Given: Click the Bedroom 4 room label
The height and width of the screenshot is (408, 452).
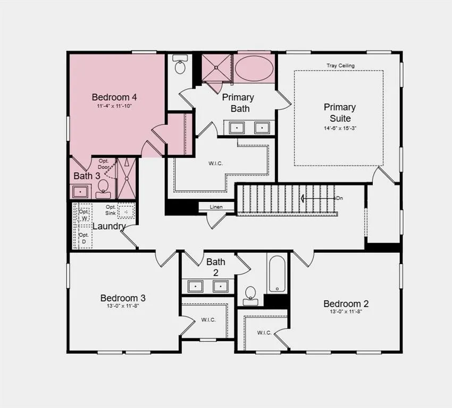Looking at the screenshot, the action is coord(114,97).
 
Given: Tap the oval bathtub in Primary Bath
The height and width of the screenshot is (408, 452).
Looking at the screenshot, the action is coord(254,69).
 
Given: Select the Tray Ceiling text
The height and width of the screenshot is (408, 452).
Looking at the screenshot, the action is coord(340,66).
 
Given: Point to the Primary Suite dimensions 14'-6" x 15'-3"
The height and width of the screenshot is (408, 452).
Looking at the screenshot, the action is coord(340,128).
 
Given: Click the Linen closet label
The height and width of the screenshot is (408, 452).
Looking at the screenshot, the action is coord(216,207).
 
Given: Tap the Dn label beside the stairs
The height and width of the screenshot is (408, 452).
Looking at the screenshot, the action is coord(340,198).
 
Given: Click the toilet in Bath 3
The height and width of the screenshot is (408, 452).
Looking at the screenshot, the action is coord(103,189).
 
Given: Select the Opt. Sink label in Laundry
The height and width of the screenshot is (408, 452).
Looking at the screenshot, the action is coord(111,210).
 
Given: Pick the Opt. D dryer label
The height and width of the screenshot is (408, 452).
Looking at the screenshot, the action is coord(83,238).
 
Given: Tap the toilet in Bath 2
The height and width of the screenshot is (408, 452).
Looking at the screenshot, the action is coord(249,296).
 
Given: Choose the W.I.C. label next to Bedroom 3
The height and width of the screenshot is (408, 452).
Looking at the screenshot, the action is coord(208,320).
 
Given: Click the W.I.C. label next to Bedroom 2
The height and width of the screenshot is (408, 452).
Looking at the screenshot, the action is coord(264,333).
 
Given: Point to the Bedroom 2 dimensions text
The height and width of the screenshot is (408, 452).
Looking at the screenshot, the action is coord(346,311).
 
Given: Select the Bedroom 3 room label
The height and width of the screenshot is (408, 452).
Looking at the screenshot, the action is coord(123,298).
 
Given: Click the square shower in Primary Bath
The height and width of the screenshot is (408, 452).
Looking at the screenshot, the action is coord(216,68).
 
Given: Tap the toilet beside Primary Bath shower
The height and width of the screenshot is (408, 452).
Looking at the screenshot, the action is coord(180,64).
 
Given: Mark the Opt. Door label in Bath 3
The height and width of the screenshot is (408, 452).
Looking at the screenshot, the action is coord(104,164).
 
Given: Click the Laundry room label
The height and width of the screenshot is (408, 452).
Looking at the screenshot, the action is coord(109,226).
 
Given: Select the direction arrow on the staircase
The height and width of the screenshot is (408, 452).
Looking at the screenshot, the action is coord(317,198).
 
